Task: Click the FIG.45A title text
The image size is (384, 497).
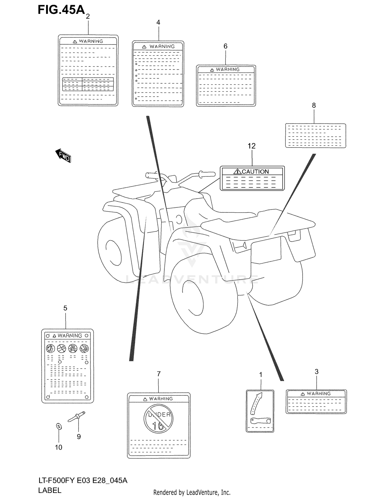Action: click(61, 10)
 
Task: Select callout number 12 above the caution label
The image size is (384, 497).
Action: click(251, 146)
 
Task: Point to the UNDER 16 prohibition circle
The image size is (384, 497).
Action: click(158, 419)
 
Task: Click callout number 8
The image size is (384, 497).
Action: click(314, 105)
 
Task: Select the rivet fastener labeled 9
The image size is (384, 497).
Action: click(77, 416)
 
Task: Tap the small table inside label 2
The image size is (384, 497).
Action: click(88, 84)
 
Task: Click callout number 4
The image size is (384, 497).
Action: click(158, 23)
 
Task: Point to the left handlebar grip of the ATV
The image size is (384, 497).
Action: click(152, 176)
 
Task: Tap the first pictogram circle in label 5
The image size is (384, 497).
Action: click(50, 348)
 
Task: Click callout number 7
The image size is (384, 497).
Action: click(159, 374)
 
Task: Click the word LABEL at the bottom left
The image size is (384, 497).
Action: click(50, 490)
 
